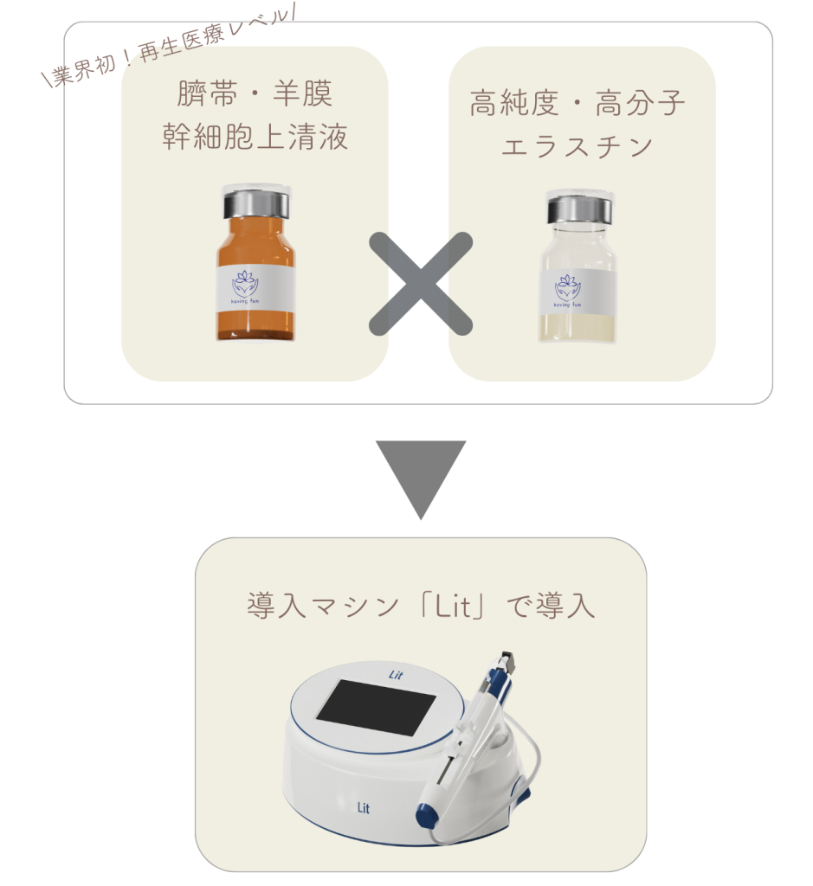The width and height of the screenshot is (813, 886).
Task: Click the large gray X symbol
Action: click(x=421, y=284)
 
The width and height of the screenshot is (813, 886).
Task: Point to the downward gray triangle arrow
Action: click(x=421, y=474)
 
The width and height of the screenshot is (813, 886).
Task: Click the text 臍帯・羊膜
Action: click(x=255, y=96)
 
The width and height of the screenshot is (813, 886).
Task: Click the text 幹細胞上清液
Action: click(x=255, y=137)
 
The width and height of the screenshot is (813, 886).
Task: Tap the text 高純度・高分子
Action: click(x=577, y=104)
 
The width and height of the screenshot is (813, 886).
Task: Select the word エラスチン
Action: click(x=577, y=145)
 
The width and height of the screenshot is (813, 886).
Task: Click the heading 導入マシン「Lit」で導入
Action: click(x=421, y=605)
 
